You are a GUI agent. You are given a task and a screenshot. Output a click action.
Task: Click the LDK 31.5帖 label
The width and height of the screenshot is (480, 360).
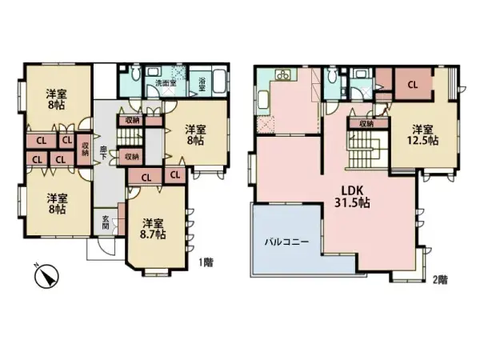point(350,197)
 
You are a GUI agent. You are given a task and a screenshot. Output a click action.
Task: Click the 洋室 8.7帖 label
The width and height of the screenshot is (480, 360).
point(150,229)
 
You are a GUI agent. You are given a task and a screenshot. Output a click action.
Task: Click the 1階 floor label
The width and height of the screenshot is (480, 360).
point(204,262)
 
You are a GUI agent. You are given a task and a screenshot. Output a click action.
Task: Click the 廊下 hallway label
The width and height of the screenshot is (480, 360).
point(104,150)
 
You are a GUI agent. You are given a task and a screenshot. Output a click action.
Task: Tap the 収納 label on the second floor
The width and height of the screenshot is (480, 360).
point(366,124)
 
